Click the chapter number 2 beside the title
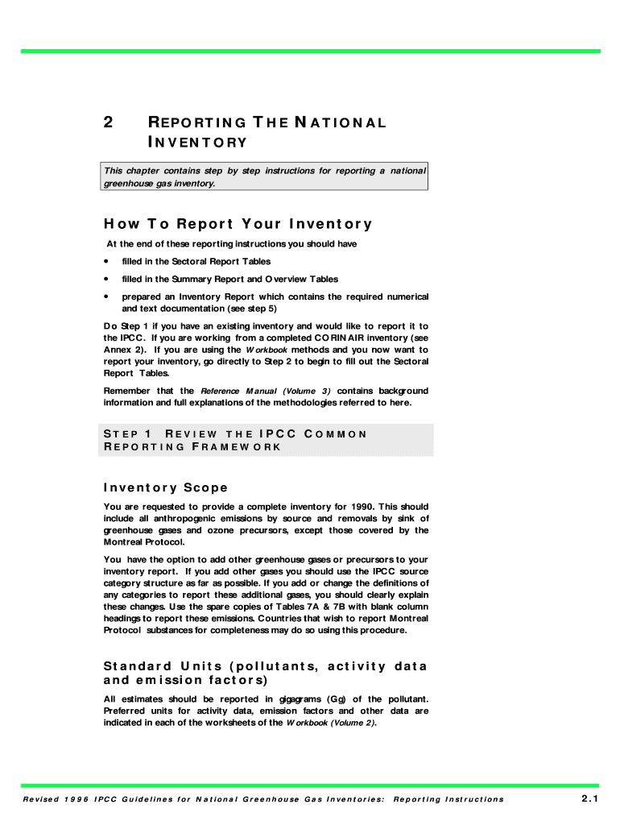[x=108, y=122]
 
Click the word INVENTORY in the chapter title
[x=197, y=143]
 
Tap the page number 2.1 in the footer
[x=589, y=798]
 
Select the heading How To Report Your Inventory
[x=238, y=224]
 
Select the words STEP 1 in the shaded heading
[x=128, y=433]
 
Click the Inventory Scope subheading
[x=166, y=487]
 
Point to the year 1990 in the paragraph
[x=349, y=507]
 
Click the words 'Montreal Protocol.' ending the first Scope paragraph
[x=138, y=542]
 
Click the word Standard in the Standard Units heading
[x=138, y=666]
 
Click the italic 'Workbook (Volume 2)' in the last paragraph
[x=331, y=723]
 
